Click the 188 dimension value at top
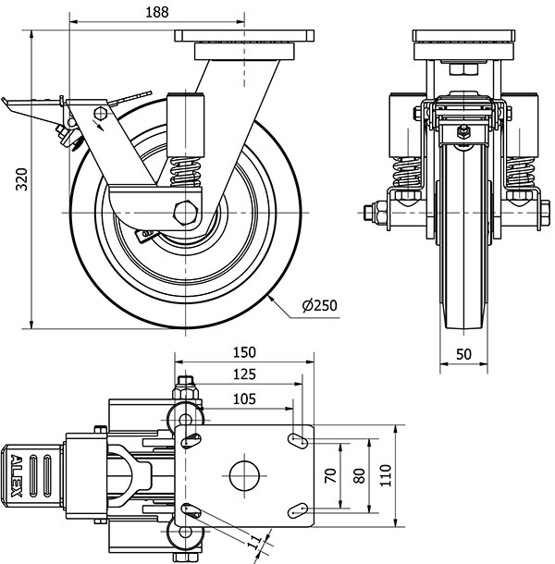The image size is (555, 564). tap(155, 10)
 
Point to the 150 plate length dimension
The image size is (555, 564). tap(244, 353)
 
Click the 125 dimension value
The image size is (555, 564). tap(244, 374)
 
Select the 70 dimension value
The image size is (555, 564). tap(330, 476)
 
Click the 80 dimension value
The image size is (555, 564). tap(360, 476)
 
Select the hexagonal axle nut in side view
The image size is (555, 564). tap(186, 212)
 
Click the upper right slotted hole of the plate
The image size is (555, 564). tap(299, 439)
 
